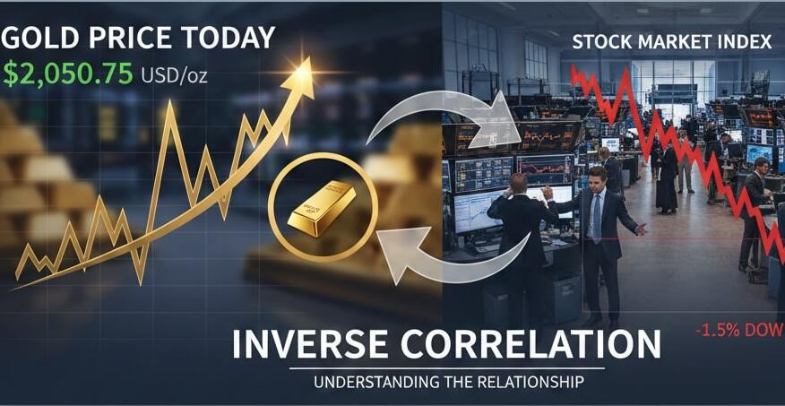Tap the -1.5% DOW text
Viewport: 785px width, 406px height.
tap(738, 331)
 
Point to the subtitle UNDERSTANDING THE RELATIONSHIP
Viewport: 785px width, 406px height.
tap(448, 383)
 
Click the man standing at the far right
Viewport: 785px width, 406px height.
tap(756, 211)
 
